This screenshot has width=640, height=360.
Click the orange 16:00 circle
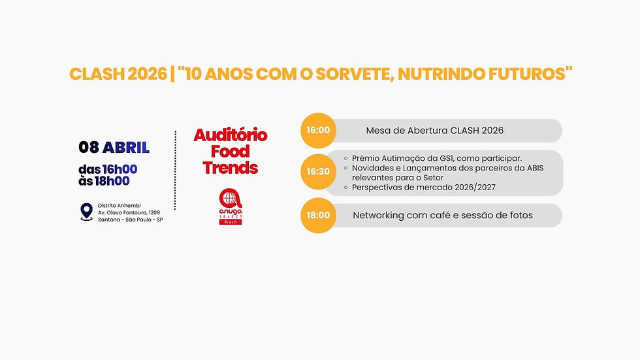coord(319,130)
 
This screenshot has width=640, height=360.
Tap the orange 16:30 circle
coord(319,172)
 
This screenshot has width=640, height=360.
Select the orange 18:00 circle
coord(319,215)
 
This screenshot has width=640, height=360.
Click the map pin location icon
coord(86,212)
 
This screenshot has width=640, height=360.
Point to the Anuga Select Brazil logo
coord(230,206)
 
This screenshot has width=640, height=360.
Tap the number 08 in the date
coord(89,147)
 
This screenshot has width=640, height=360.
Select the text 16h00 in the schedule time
coord(120,169)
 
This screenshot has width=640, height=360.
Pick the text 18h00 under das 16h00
coord(112,181)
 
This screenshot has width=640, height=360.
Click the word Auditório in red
coord(230,135)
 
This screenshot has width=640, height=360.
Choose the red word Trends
coord(230,167)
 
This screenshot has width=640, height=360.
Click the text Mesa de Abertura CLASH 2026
coord(434,130)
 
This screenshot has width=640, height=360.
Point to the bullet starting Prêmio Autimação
coord(436,158)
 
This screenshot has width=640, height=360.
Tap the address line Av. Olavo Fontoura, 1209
coord(129,212)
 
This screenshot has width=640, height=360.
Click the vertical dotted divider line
coord(176,170)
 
